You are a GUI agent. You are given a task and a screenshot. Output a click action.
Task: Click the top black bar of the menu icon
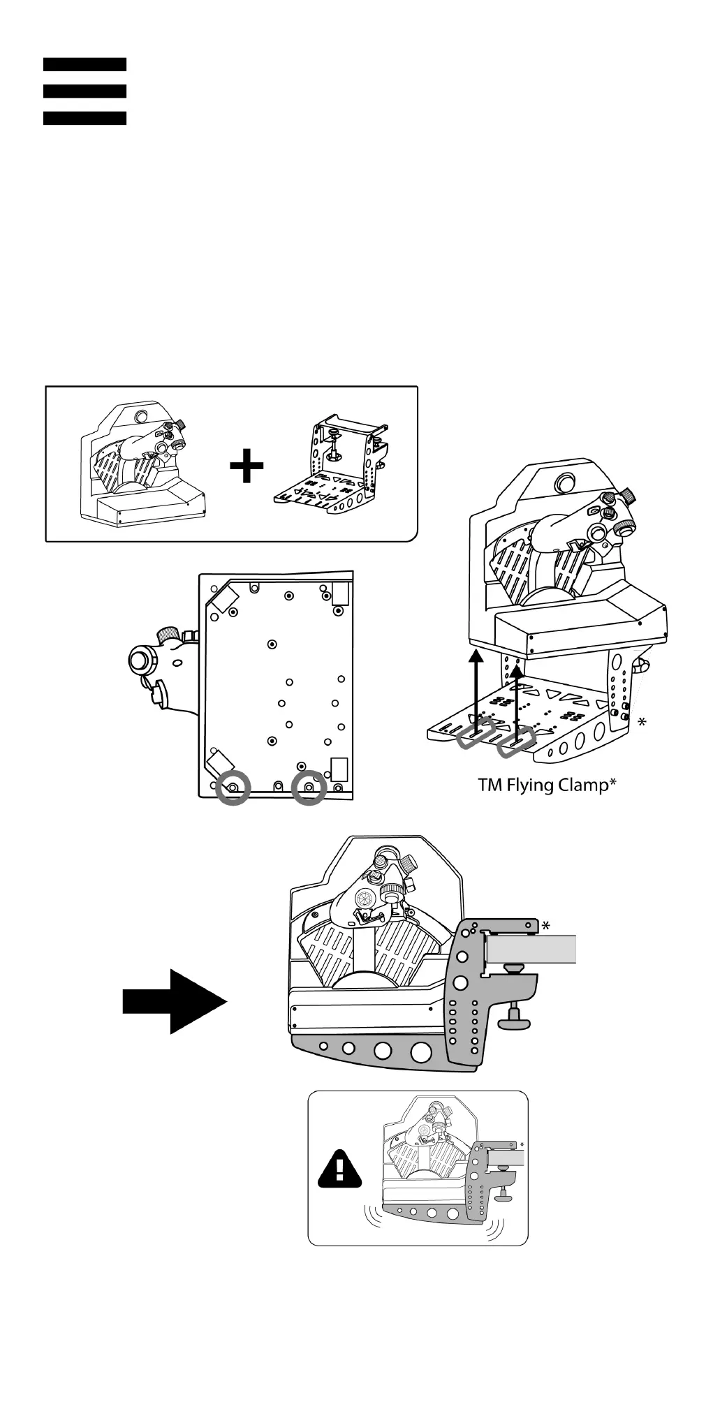(x=84, y=64)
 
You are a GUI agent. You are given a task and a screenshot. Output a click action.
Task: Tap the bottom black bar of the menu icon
(x=84, y=118)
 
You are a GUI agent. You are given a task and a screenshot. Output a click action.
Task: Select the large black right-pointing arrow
(x=175, y=1001)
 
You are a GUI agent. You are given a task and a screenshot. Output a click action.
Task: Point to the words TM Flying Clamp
(x=546, y=785)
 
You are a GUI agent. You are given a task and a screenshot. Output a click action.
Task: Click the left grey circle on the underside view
(x=233, y=788)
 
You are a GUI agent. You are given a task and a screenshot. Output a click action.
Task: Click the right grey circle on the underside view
(x=309, y=788)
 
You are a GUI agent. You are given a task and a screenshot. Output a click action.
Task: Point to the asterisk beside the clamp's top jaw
(x=545, y=926)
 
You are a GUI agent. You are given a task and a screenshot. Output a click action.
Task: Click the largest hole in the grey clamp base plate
(x=422, y=1051)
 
